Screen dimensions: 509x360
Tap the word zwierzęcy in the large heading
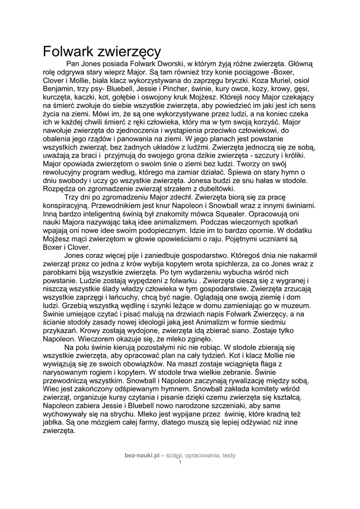pyautogui.click(x=131, y=51)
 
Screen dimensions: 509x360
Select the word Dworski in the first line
pyautogui.click(x=172, y=64)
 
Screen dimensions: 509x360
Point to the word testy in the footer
pyautogui.click(x=229, y=455)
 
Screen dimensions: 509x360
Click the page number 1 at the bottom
pyautogui.click(x=180, y=462)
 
